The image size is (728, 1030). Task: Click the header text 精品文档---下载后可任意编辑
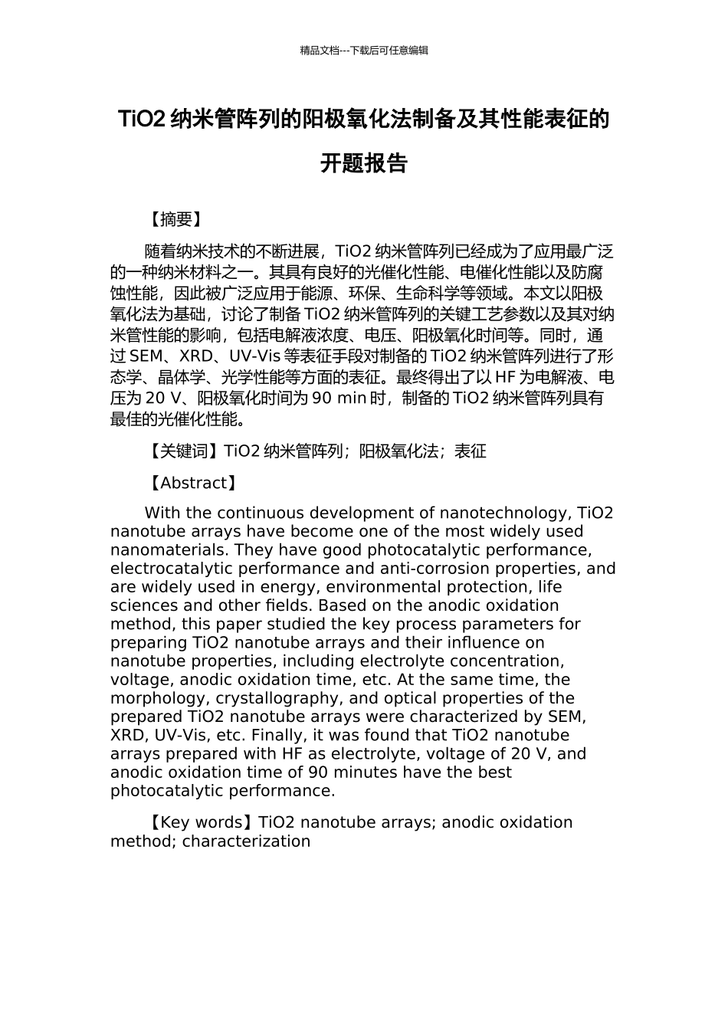pos(364,51)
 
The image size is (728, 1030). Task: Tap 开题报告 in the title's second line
pos(364,163)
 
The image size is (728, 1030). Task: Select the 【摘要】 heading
pos(175,220)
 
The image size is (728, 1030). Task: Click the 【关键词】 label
pos(183,451)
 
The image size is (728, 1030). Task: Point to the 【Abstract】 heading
pos(192,484)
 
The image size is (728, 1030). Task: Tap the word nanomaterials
pos(169,550)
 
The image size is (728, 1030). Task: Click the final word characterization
pos(246,841)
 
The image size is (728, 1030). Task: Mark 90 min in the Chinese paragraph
pos(339,399)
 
